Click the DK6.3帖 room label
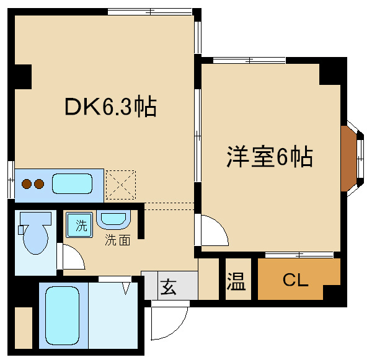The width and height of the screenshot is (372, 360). coord(110,107)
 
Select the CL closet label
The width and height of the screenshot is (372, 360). coord(295,280)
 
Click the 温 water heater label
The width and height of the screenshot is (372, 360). coord(236,283)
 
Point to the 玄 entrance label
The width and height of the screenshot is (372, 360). coord(169,286)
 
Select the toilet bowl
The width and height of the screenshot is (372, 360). coord(36,234)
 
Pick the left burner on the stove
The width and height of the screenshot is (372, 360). coord(27,184)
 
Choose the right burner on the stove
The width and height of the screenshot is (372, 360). coord(38,184)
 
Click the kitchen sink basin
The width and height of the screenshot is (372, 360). coord(72,184)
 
